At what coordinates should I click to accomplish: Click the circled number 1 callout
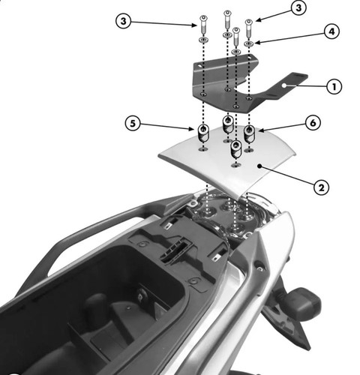coord(334,86)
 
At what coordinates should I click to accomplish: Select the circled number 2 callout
coord(321,187)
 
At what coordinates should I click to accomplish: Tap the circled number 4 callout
coord(331,31)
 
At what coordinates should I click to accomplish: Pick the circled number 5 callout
coord(133,123)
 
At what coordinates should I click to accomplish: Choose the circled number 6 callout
coord(313,122)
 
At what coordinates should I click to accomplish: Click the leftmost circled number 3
coord(124,21)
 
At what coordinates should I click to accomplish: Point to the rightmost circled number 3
coord(298,8)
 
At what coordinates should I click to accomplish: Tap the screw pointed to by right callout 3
coord(249,28)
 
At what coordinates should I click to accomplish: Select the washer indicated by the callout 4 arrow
coord(249,44)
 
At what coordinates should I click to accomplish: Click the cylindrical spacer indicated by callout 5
coord(203,133)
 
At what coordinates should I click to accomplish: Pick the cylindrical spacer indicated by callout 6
coord(249,134)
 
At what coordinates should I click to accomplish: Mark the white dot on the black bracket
coord(283,85)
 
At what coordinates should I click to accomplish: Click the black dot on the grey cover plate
coord(259,166)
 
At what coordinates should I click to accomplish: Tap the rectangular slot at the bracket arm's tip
coord(298,76)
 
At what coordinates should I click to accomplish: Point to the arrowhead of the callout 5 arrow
coord(192,129)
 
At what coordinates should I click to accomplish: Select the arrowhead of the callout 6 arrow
coord(261,130)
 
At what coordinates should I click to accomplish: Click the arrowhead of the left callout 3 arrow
coord(193,25)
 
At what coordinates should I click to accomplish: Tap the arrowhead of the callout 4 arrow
coord(257,43)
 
